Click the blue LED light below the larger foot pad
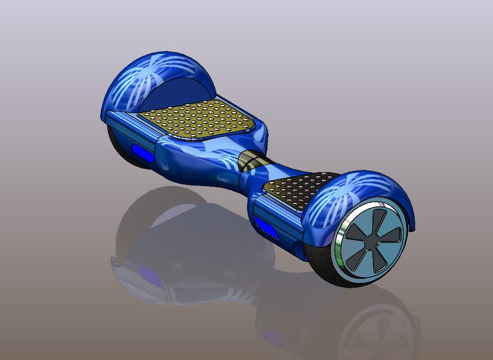coord(143,154)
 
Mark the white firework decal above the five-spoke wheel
coord(342,194)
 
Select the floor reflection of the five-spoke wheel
coord(371,330)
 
